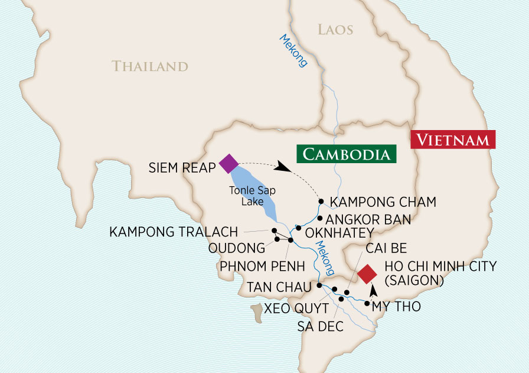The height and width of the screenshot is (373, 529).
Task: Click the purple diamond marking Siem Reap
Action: coord(228,163)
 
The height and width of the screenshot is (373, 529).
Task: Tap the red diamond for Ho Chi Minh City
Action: coord(367,274)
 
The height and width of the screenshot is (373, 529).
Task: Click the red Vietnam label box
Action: coord(453,140)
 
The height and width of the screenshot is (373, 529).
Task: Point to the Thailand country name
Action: coord(150,66)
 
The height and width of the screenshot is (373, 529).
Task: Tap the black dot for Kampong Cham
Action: coord(321,202)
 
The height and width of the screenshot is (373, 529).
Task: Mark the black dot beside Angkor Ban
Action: coord(319,218)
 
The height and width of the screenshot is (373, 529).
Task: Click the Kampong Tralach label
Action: coord(174,232)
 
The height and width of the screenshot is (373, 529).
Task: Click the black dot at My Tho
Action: coord(367,304)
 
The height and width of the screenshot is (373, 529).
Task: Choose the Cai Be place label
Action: coord(386,247)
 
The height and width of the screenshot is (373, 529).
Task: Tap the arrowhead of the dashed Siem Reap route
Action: coord(284,168)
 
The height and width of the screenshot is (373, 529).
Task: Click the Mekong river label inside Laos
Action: coord(293,52)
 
